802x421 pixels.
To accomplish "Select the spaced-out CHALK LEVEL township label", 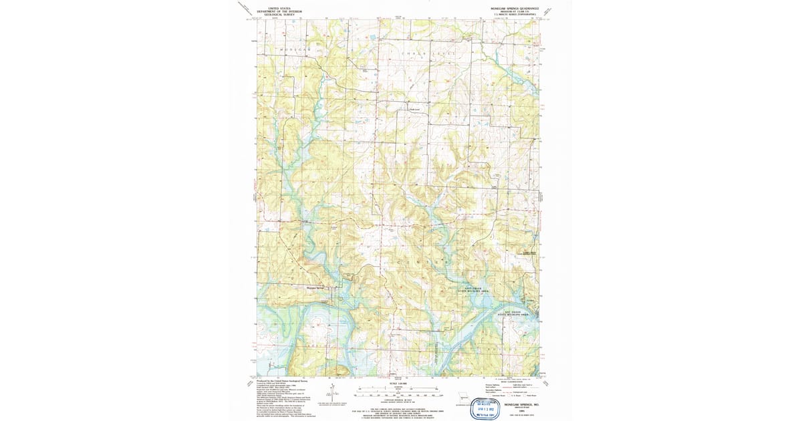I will pos(428,52).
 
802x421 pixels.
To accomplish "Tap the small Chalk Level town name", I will pos(414,110).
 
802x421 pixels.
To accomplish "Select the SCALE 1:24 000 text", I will pos(398,383).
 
